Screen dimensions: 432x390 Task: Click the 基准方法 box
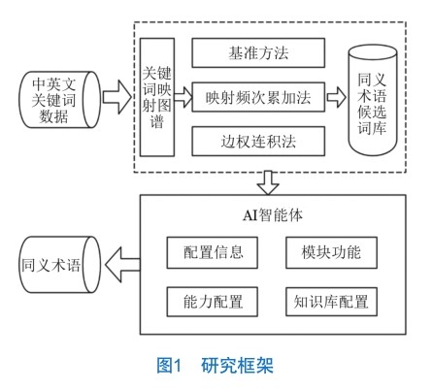258,52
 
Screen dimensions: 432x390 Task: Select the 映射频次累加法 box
258,97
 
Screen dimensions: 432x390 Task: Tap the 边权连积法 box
258,142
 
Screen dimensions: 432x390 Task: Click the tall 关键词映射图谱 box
157,97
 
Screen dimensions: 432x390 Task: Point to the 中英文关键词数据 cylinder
60,100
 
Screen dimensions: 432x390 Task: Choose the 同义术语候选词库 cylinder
372,100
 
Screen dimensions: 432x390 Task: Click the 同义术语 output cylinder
60,265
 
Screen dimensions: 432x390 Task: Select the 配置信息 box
213,252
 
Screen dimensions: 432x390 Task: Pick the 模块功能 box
331,252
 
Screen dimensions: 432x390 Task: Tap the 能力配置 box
213,302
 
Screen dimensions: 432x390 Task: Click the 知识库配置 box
331,302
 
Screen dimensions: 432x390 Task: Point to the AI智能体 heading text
273,215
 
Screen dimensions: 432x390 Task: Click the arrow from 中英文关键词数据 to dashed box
117,97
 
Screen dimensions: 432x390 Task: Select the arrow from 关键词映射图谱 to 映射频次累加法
183,97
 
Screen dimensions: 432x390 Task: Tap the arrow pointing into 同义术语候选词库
337,97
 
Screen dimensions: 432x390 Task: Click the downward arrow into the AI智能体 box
268,183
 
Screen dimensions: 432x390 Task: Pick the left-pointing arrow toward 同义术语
122,264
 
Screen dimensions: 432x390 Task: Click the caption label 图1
169,366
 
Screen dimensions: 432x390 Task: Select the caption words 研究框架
237,366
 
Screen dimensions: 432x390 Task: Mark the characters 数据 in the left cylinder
53,116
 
